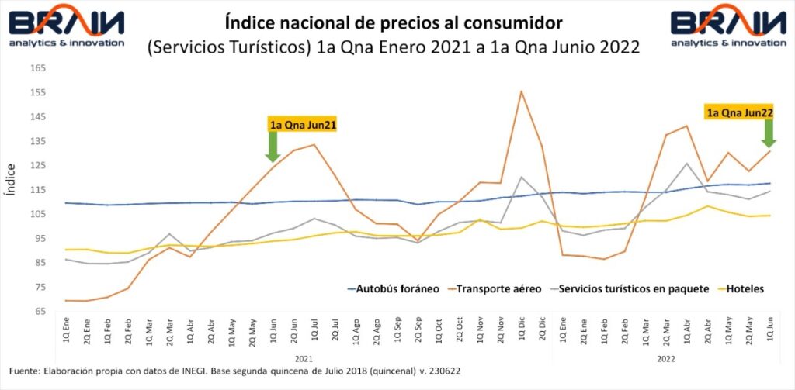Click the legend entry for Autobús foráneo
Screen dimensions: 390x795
(394, 289)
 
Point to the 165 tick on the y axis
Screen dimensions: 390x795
(36, 68)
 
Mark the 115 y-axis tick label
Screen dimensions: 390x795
(36, 190)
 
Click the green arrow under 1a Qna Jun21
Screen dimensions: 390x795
(273, 147)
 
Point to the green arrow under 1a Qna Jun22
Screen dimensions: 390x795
(769, 135)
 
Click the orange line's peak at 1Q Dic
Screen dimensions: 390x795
(521, 91)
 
